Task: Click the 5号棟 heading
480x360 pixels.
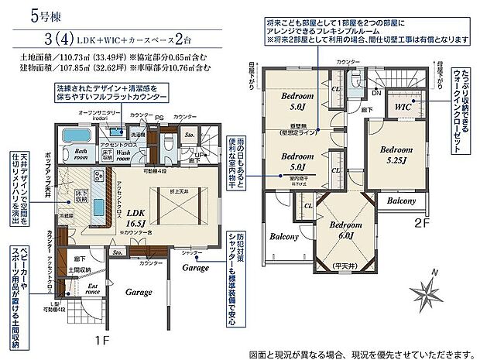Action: pyautogui.click(x=28, y=13)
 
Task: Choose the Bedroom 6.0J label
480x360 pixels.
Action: pyautogui.click(x=342, y=229)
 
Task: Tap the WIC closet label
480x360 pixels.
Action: pyautogui.click(x=403, y=105)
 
